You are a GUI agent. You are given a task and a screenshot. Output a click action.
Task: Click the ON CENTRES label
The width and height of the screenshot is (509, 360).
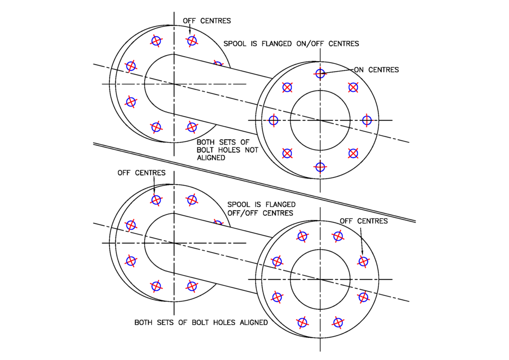point(376,70)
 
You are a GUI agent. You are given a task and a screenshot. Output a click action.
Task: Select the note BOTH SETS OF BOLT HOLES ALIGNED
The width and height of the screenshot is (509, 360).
point(201,323)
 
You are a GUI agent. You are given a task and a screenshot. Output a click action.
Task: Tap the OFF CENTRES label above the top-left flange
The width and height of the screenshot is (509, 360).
point(207,21)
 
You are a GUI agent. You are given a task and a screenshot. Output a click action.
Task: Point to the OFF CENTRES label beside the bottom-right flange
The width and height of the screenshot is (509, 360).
point(363,221)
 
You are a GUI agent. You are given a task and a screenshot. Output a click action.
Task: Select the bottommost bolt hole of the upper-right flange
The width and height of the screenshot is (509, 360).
point(320,167)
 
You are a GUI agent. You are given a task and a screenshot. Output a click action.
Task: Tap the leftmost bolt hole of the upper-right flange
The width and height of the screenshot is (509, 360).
point(273,120)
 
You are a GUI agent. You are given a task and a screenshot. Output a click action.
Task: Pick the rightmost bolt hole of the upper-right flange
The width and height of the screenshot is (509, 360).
point(367,120)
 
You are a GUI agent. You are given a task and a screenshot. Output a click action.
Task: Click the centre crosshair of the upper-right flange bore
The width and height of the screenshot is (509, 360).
point(320,120)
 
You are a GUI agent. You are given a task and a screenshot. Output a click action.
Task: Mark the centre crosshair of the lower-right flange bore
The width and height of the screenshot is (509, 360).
point(320,279)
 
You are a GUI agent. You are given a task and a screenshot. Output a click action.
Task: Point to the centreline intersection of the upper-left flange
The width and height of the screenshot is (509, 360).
point(174,84)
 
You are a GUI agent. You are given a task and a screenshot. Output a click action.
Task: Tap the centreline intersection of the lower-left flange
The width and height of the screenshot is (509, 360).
point(174,243)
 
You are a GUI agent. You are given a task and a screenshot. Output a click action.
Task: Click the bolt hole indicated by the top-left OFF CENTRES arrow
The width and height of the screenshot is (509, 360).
point(192,41)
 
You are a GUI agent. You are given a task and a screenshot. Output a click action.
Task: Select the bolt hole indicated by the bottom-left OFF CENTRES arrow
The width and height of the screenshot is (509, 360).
point(156,200)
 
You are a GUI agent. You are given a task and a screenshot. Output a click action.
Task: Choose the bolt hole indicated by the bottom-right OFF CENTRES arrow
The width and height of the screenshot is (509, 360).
point(363,261)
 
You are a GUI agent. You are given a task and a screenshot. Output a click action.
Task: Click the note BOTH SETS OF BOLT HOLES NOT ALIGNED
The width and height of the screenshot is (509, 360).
point(227,150)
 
